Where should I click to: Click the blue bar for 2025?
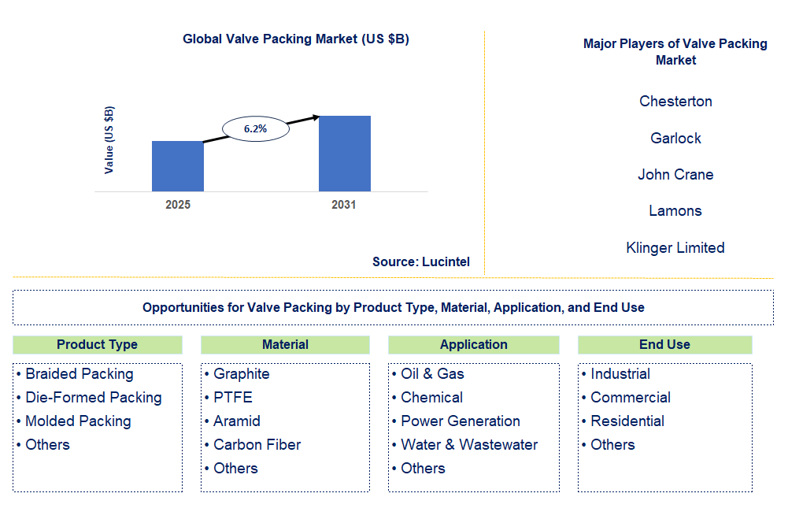click(178, 166)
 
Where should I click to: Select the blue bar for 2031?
click(344, 154)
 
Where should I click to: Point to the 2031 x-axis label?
click(343, 205)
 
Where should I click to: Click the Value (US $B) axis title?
click(109, 139)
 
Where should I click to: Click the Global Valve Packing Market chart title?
click(296, 39)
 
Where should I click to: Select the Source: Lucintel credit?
click(421, 261)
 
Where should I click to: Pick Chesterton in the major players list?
click(675, 102)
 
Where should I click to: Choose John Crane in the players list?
click(675, 175)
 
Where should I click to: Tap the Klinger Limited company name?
click(675, 247)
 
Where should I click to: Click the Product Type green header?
click(98, 344)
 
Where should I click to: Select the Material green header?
click(285, 344)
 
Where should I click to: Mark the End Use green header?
click(664, 344)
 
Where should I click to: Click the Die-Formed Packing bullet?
click(93, 398)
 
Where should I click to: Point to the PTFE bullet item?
click(232, 398)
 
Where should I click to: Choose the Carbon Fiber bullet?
click(257, 445)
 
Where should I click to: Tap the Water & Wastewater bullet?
click(469, 445)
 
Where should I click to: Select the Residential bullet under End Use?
click(627, 421)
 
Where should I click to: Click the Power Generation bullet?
click(461, 421)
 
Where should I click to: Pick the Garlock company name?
click(675, 138)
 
